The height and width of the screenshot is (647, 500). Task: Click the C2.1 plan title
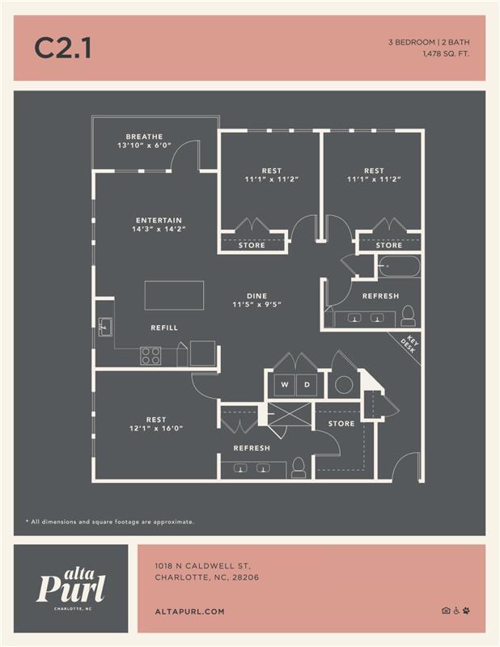[x=62, y=49]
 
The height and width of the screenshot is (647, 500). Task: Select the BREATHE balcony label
[x=144, y=137]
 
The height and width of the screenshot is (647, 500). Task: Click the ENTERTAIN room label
[x=159, y=220]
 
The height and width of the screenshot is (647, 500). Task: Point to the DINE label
[x=256, y=296]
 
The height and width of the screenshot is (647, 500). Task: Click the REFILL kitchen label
[x=164, y=328]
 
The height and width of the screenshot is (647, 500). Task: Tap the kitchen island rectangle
[x=174, y=294]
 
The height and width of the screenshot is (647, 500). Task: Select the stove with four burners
[x=150, y=355]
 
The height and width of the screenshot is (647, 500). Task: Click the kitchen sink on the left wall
[x=104, y=328]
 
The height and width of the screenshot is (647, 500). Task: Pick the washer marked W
[x=284, y=383]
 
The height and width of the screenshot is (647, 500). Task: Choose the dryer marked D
[x=307, y=383]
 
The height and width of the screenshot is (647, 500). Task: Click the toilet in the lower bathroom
[x=299, y=467]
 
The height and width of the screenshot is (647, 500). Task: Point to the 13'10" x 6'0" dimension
[x=144, y=146]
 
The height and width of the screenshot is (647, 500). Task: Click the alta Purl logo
[x=71, y=584]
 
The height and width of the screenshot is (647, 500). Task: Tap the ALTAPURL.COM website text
[x=189, y=611]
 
